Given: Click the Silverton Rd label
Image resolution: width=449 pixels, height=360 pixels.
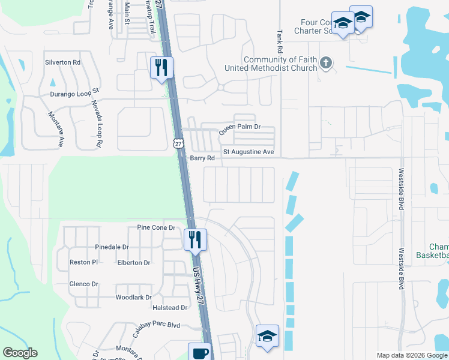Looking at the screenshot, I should click(62, 62).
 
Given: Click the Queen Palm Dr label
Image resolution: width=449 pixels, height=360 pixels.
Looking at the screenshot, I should click(240, 127).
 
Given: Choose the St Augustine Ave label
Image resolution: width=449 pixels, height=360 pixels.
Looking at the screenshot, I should click(249, 152).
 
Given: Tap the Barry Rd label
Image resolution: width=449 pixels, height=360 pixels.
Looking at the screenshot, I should click(202, 158).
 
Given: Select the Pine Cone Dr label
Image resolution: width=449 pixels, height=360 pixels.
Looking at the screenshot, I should click(155, 228).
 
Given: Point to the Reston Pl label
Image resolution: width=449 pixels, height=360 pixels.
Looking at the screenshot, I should click(83, 263).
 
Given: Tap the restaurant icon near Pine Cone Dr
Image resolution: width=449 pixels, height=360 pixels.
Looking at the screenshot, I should click(195, 239).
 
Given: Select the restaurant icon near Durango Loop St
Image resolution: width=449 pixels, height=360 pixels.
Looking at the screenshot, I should click(161, 67).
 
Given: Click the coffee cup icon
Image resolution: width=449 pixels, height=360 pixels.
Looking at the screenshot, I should click(199, 353).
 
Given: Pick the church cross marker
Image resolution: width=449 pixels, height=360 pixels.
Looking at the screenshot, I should click(326, 63).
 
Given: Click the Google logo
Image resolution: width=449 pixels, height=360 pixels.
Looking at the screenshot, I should click(20, 353).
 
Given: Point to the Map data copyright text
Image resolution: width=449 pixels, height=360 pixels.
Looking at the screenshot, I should click(411, 355).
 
